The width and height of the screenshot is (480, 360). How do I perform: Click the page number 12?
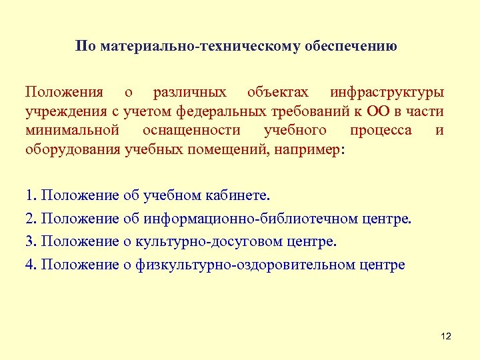pos(446,337)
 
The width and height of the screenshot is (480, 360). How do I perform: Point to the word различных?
pos(189,92)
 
